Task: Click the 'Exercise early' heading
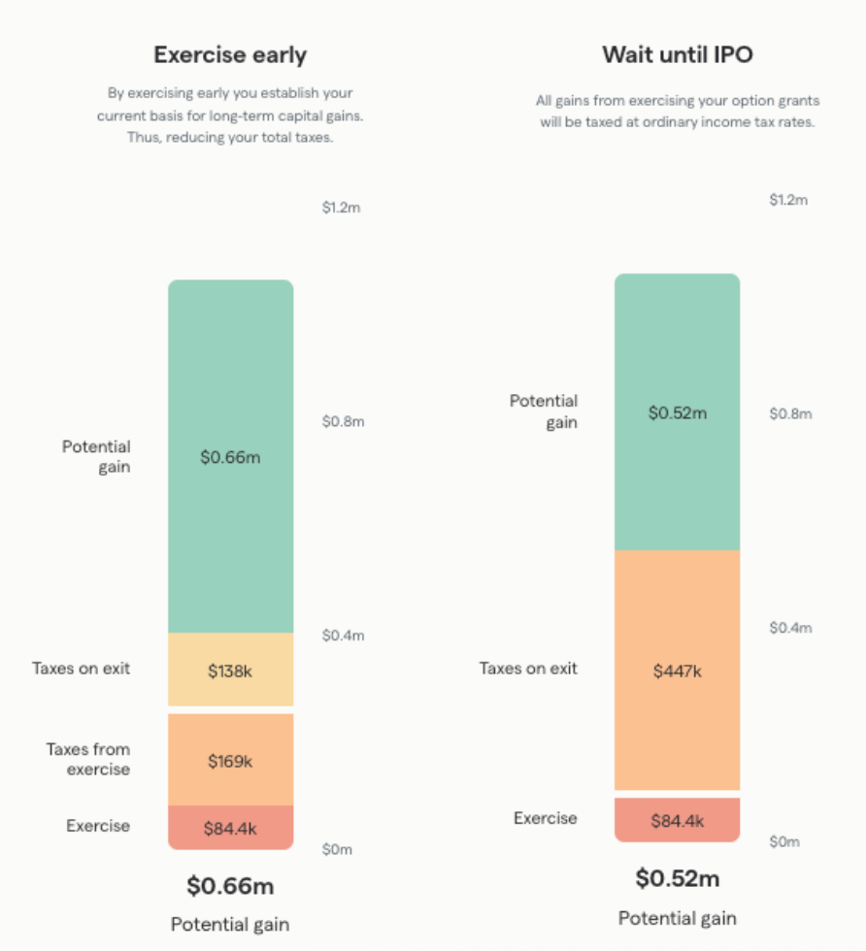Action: pyautogui.click(x=230, y=55)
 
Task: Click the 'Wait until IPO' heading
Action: pyautogui.click(x=677, y=54)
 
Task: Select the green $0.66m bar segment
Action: pyautogui.click(x=230, y=457)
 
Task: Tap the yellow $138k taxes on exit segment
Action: pyautogui.click(x=230, y=671)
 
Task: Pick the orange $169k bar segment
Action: pyautogui.click(x=230, y=761)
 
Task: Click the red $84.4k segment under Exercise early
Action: pyautogui.click(x=230, y=829)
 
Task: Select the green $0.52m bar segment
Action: pyautogui.click(x=677, y=412)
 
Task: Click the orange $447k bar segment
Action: pyautogui.click(x=677, y=670)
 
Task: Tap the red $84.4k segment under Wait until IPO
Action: pyautogui.click(x=677, y=821)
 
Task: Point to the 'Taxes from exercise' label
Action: pyautogui.click(x=88, y=759)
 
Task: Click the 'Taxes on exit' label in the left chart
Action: pyautogui.click(x=81, y=669)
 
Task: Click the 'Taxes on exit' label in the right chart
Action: pyautogui.click(x=528, y=669)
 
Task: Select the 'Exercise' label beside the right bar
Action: pyautogui.click(x=545, y=818)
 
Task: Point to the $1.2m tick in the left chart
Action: pyautogui.click(x=342, y=208)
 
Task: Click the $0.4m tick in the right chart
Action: pyautogui.click(x=789, y=628)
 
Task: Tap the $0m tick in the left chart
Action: pyautogui.click(x=337, y=849)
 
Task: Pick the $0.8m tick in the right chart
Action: pyautogui.click(x=789, y=413)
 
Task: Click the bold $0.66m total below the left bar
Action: pyautogui.click(x=230, y=886)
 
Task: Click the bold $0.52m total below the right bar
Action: pyautogui.click(x=677, y=879)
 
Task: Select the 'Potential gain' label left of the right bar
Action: pyautogui.click(x=544, y=411)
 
